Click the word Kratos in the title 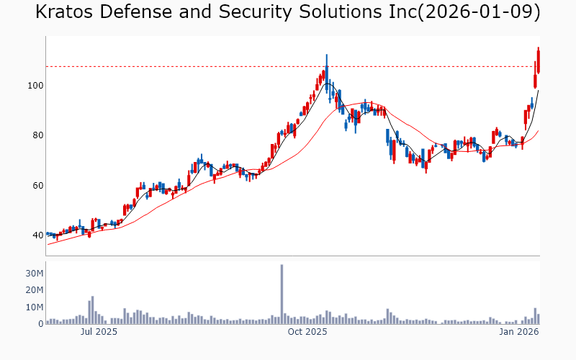coord(67,12)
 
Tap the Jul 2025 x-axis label coord(99,333)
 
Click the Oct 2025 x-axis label coord(307,333)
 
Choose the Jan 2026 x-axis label coord(519,333)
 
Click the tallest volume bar coord(282,295)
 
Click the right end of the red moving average coord(538,131)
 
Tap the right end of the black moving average coord(538,91)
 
